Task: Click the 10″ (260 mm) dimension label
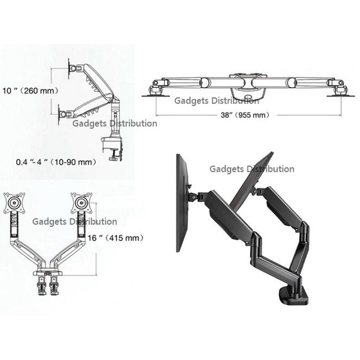point(30,90)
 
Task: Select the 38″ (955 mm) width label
point(245,115)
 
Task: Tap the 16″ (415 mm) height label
point(115,238)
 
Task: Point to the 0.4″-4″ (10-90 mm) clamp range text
point(56,162)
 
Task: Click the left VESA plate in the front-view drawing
point(14,203)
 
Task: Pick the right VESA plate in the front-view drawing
point(81,203)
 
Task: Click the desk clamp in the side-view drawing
point(112,148)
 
